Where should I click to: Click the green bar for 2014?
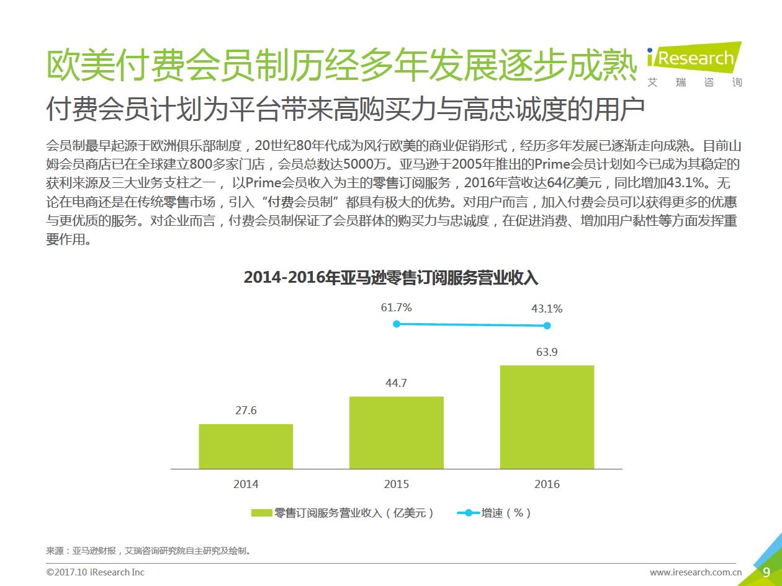(x=246, y=446)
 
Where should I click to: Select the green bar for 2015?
(x=397, y=432)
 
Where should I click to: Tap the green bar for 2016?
(x=547, y=417)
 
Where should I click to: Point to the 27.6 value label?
(x=246, y=411)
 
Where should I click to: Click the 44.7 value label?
(x=396, y=383)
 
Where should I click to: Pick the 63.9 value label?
(x=547, y=352)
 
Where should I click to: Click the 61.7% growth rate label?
(x=397, y=308)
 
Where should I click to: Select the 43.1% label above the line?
(x=547, y=308)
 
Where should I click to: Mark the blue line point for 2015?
(x=397, y=324)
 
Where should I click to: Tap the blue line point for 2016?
(x=547, y=326)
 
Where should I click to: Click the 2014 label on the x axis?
(x=246, y=484)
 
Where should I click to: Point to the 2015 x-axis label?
(x=397, y=484)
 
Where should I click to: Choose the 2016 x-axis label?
(x=547, y=484)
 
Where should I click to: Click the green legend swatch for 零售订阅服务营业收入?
(x=261, y=513)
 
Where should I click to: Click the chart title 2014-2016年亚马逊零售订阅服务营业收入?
(x=391, y=278)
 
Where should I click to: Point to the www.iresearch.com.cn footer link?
(x=696, y=572)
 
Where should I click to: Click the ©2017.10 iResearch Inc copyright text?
(x=95, y=572)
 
